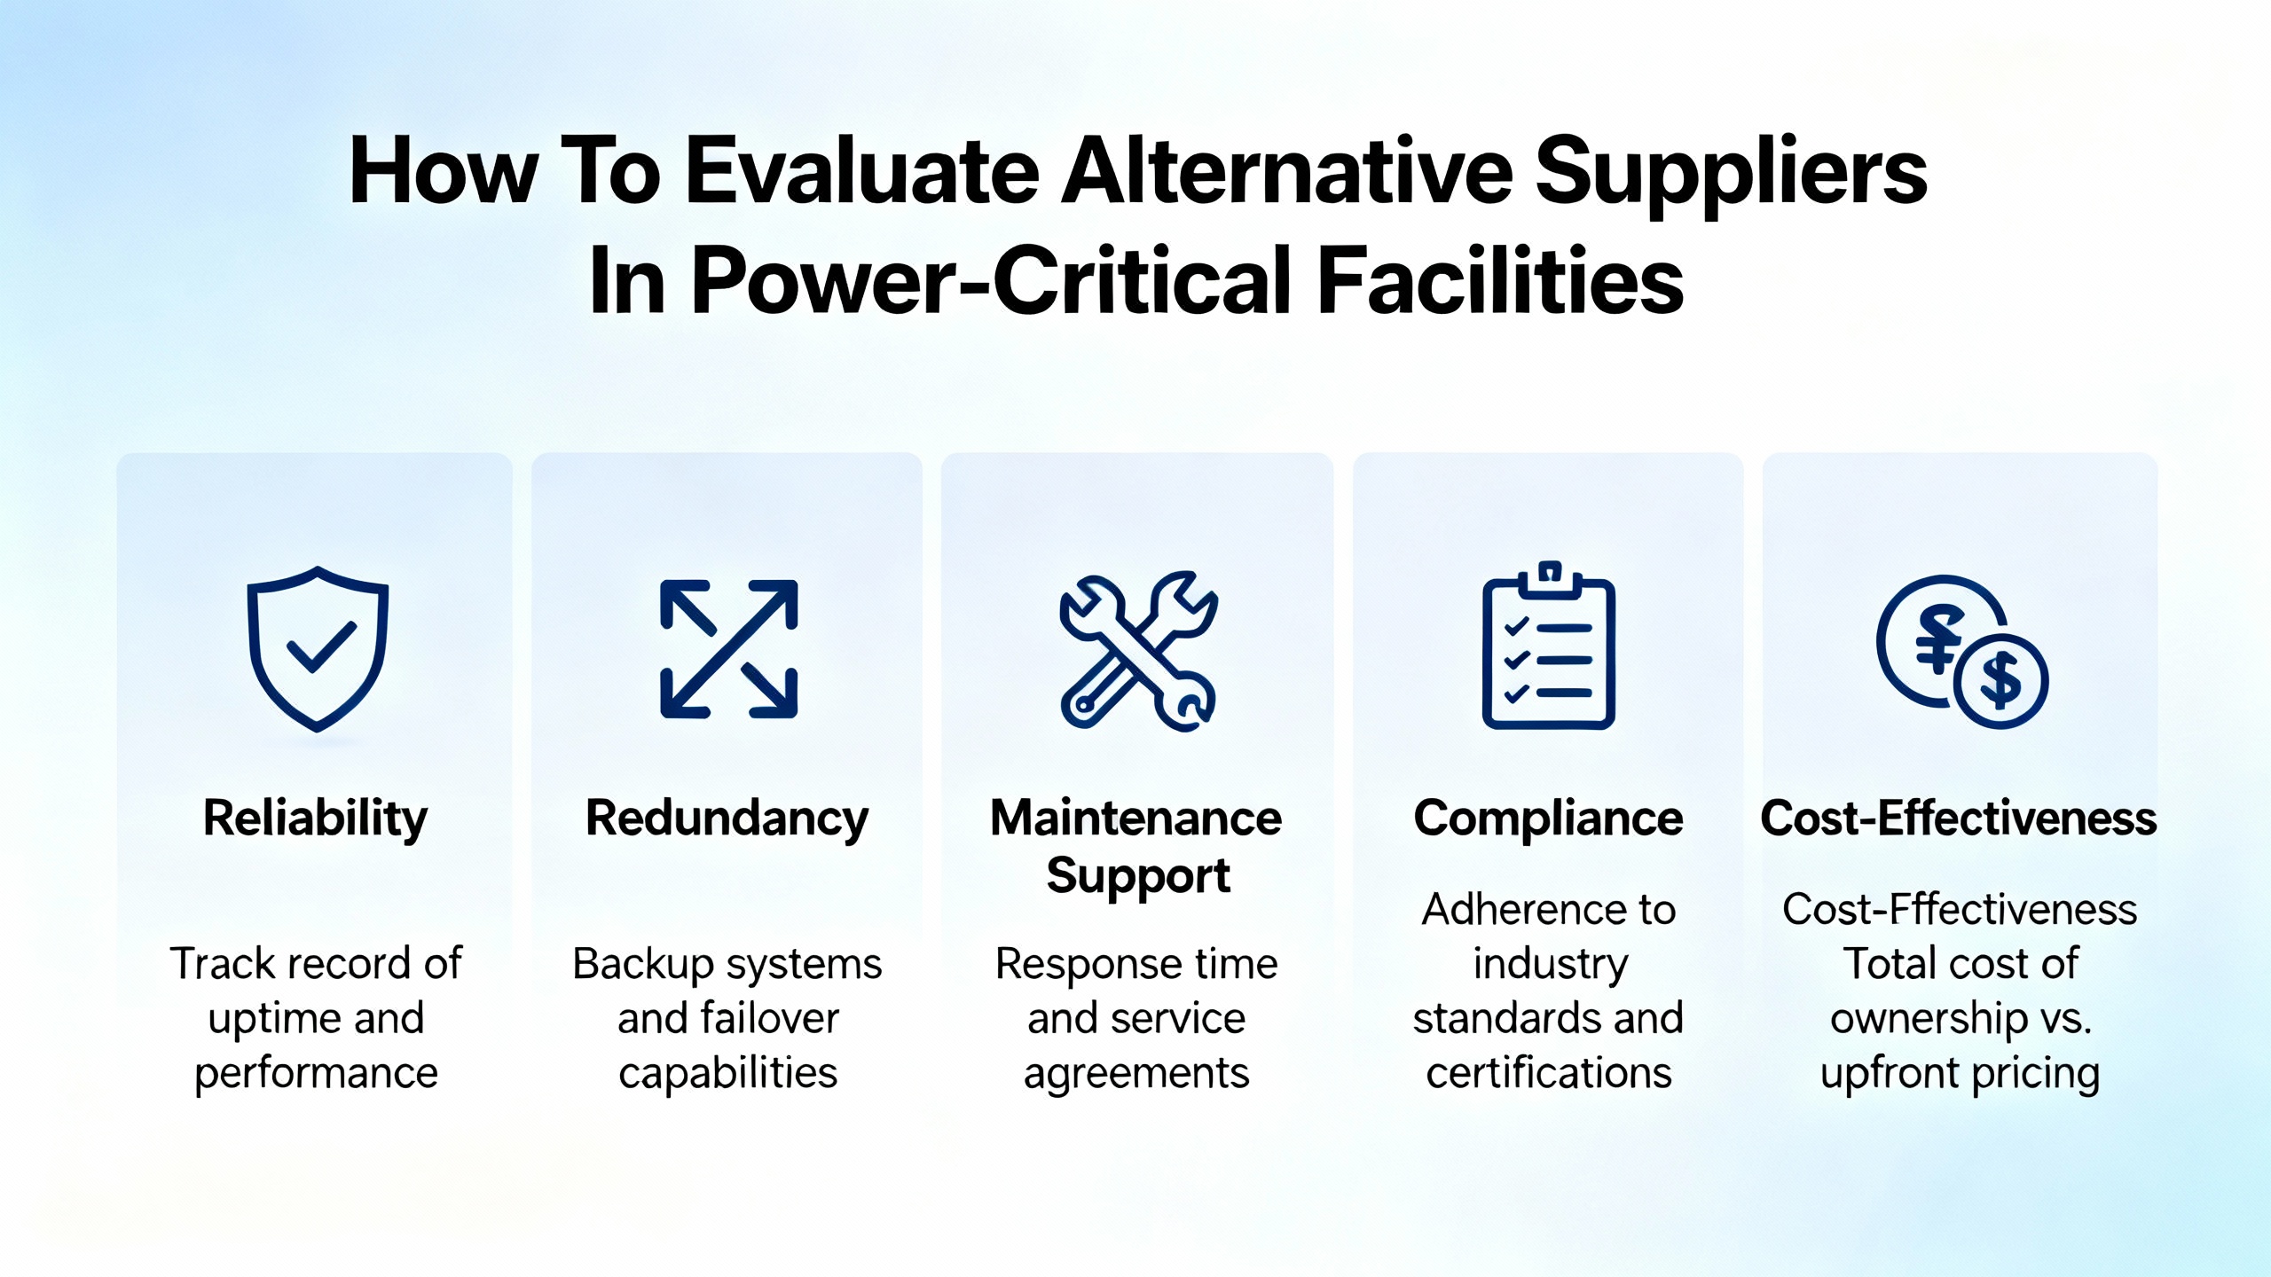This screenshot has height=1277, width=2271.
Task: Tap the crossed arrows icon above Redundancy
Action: pos(728,648)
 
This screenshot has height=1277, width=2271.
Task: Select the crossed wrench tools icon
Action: pos(1138,650)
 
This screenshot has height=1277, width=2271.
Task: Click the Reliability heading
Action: pos(315,819)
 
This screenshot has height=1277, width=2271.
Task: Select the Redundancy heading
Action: pos(727,819)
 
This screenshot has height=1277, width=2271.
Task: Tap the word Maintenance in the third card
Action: pos(1136,818)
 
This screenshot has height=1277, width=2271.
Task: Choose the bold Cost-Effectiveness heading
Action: pos(1959,818)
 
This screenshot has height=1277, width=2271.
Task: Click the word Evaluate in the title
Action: pos(862,170)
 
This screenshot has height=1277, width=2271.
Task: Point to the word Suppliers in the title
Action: pos(1731,175)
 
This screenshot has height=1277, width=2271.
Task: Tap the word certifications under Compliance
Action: pos(1549,1073)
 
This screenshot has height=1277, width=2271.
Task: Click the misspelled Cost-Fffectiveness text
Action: pos(1960,909)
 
